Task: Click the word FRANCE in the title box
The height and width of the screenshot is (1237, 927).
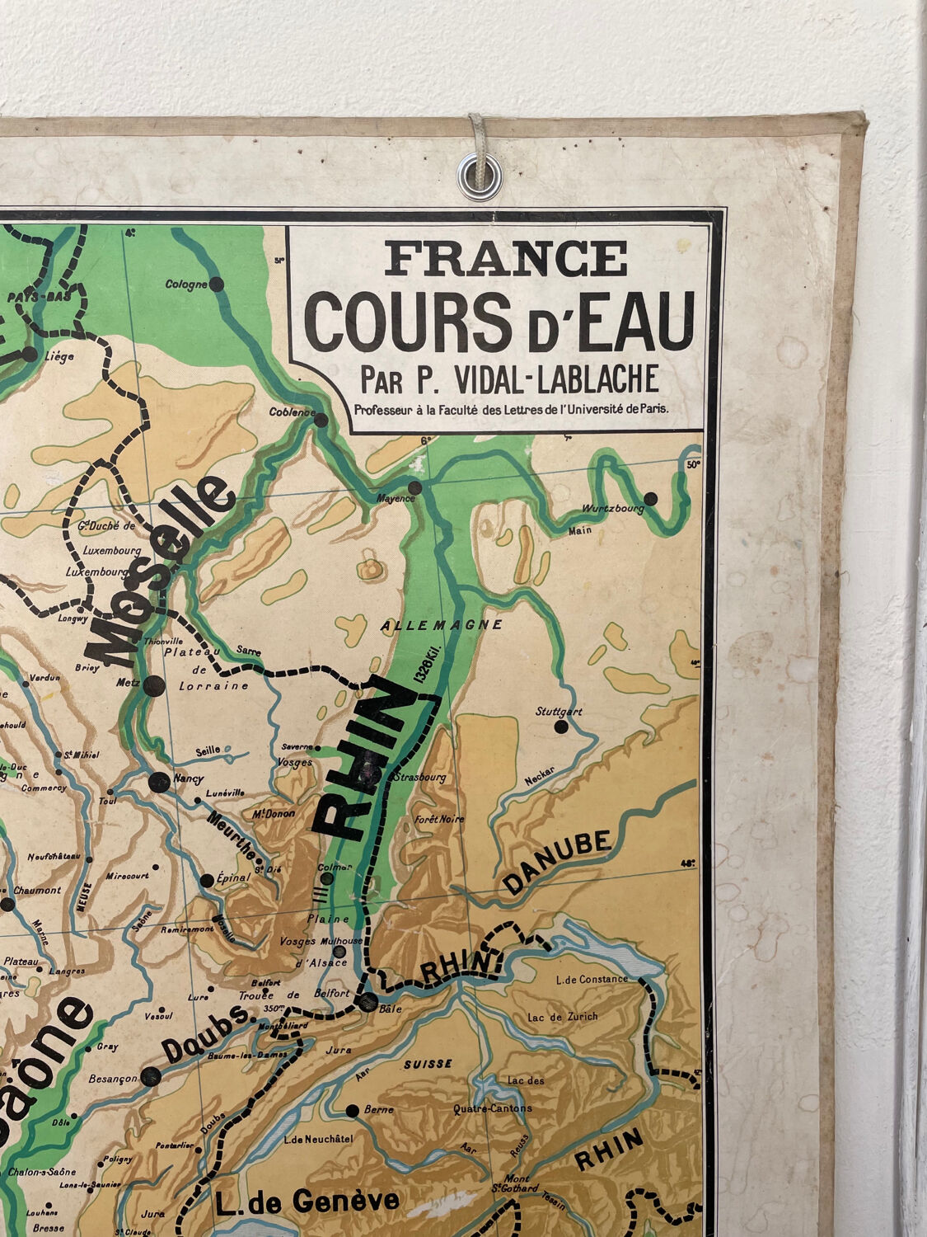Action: (505, 259)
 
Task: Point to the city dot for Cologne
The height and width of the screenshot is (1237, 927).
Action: (217, 285)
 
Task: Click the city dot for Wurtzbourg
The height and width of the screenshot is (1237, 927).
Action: (651, 498)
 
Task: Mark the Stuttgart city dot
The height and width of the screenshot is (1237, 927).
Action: (561, 727)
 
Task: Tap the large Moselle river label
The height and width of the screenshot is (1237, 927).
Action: (161, 571)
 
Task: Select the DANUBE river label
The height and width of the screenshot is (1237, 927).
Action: (558, 862)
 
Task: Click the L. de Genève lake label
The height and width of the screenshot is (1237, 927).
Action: (307, 1201)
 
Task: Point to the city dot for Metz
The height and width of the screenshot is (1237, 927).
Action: (152, 684)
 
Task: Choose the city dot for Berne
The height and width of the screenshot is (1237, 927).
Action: (352, 1111)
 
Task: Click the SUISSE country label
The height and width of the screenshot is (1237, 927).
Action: (428, 1064)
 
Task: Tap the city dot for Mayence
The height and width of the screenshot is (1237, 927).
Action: (414, 488)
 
